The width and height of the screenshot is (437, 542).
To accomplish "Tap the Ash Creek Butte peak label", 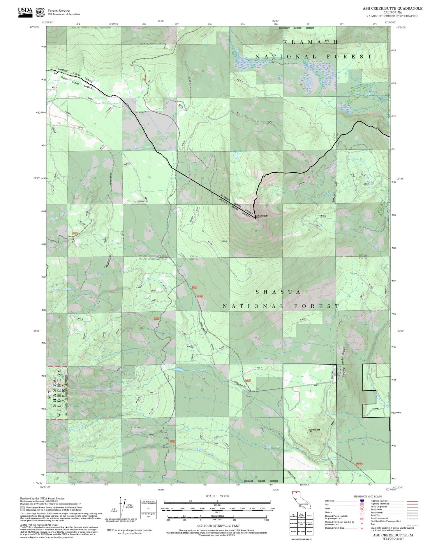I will (262, 216).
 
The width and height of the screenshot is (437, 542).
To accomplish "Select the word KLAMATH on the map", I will (310, 42).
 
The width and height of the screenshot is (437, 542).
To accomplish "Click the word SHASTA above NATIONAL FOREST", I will (278, 292).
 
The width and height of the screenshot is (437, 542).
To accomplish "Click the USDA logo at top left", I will (25, 12).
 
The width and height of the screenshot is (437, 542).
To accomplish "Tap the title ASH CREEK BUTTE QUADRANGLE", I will (392, 8).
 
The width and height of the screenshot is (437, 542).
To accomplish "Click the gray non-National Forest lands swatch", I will (22, 509).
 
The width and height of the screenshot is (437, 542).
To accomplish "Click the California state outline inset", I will (301, 500).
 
